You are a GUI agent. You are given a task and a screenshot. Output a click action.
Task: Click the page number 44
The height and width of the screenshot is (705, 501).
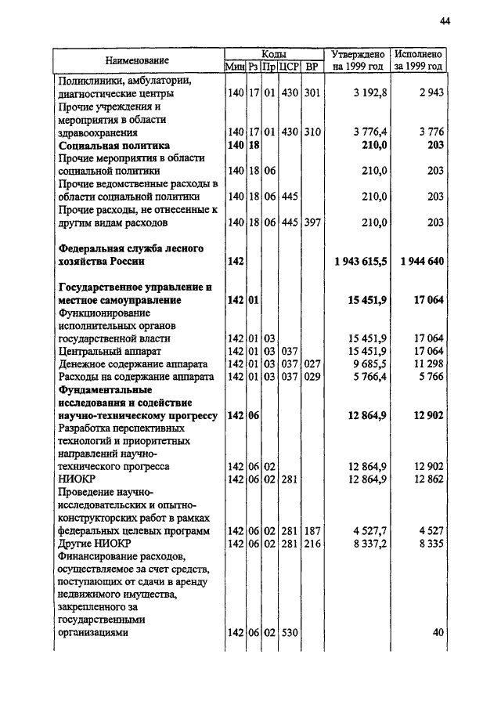[445, 23]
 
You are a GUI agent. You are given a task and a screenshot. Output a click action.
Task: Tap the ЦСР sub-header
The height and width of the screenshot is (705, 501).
[290, 67]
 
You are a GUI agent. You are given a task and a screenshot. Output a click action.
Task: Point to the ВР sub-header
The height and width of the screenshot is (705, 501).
[312, 67]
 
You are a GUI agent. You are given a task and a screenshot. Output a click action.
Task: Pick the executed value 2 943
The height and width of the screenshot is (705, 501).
[431, 93]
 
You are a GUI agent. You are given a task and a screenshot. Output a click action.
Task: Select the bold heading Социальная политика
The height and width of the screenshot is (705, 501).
[114, 145]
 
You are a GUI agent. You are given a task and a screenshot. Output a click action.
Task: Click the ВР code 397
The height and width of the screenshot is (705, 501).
[312, 222]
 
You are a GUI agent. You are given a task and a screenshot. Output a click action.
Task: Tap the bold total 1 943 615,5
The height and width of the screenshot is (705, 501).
[361, 261]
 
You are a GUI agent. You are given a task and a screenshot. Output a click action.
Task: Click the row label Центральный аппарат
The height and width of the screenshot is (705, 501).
[108, 351]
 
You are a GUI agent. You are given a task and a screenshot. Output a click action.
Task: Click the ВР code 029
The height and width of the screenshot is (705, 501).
[312, 377]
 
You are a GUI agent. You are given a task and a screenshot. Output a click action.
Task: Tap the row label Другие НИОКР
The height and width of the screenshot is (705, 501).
[94, 544]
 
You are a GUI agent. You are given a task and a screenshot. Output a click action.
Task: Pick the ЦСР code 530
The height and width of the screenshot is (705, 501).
[290, 633]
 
